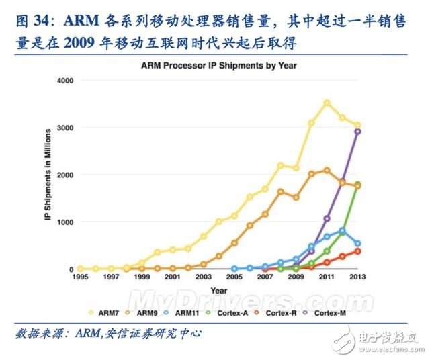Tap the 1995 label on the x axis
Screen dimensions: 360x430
click(x=80, y=277)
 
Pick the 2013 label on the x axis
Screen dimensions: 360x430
click(x=357, y=277)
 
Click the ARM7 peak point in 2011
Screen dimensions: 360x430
click(x=327, y=103)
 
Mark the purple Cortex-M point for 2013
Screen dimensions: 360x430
click(x=357, y=132)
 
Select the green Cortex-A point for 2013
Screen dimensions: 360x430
click(x=357, y=184)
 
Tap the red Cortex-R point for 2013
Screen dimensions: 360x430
click(x=357, y=251)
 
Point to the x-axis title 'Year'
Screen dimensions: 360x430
click(x=219, y=291)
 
